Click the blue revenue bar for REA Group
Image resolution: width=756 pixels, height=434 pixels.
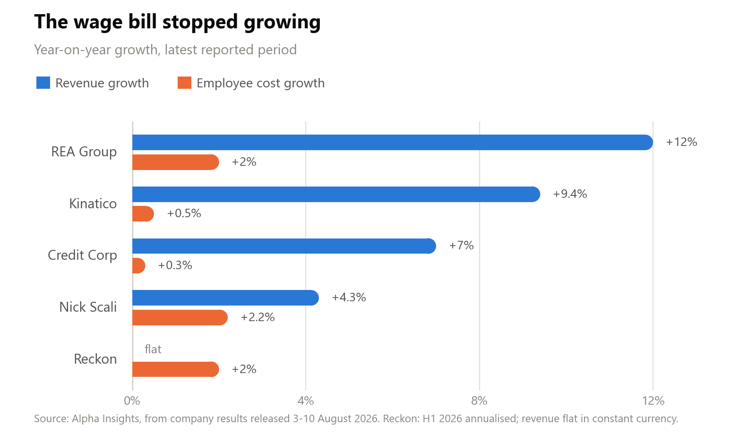pyautogui.click(x=393, y=142)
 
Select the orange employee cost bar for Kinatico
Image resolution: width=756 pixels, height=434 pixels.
pyautogui.click(x=143, y=214)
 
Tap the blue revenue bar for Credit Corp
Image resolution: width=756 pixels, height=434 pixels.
pyautogui.click(x=284, y=246)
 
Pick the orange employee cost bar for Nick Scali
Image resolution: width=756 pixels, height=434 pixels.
pyautogui.click(x=180, y=318)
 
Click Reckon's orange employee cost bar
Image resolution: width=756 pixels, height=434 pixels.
pyautogui.click(x=175, y=369)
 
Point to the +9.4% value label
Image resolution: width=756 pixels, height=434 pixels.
pyautogui.click(x=570, y=194)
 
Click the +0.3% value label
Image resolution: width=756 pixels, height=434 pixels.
pyautogui.click(x=175, y=265)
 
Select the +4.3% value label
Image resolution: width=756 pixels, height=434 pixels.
pyautogui.click(x=349, y=298)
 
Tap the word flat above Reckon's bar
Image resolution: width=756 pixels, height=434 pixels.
pyautogui.click(x=153, y=349)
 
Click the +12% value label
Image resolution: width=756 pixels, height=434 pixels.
pyautogui.click(x=681, y=142)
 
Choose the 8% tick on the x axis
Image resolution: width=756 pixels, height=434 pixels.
pyautogui.click(x=479, y=401)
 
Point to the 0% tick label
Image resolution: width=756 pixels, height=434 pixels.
pyautogui.click(x=132, y=401)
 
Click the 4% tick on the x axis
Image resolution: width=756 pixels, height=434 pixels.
pyautogui.click(x=305, y=401)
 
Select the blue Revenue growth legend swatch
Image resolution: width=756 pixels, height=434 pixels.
pyautogui.click(x=43, y=83)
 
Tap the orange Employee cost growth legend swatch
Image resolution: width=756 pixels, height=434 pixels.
pyautogui.click(x=184, y=83)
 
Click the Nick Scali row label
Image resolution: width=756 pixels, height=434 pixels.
pyautogui.click(x=88, y=307)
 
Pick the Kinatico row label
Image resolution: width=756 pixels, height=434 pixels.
pyautogui.click(x=93, y=204)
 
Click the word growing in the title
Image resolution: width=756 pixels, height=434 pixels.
pyautogui.click(x=282, y=22)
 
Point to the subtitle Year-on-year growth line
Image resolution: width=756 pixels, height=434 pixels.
pyautogui.click(x=165, y=50)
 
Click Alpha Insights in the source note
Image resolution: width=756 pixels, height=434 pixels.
pyautogui.click(x=106, y=418)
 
